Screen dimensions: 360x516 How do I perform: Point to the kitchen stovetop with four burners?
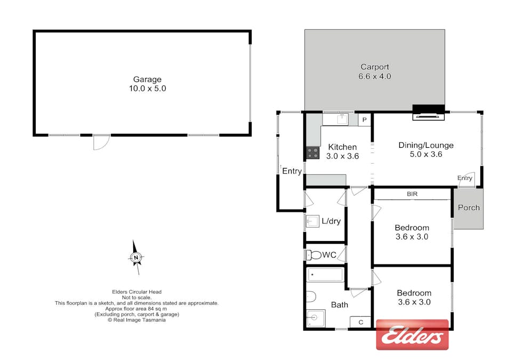click(x=312, y=153)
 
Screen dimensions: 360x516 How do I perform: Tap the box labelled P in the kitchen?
click(x=365, y=120)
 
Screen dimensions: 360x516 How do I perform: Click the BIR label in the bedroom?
click(x=412, y=194)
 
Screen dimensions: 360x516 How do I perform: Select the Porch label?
click(x=469, y=207)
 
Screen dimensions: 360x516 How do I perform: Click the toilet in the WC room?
click(x=315, y=255)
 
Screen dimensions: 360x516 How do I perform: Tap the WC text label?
click(x=329, y=255)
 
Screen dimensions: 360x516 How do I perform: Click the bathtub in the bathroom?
click(x=325, y=275)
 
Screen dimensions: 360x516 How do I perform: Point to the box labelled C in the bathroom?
click(x=360, y=322)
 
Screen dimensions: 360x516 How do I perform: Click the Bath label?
click(x=340, y=305)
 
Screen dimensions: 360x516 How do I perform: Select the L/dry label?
click(x=331, y=221)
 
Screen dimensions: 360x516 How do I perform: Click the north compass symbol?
click(x=136, y=258)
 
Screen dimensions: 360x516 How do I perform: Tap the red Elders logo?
click(x=412, y=335)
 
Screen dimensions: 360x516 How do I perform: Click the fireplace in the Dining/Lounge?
click(x=429, y=111)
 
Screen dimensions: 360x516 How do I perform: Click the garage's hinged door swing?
click(x=101, y=142)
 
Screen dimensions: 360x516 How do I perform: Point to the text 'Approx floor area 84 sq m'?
click(x=136, y=309)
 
